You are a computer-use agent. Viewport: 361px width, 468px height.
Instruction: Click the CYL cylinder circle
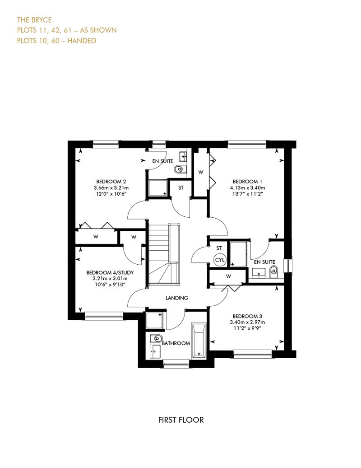pos(220,260)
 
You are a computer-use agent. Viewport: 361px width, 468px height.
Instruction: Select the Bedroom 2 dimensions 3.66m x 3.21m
pos(111,188)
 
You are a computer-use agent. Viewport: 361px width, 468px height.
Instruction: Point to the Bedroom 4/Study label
pos(110,272)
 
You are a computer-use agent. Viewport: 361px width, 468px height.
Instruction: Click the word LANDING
pos(177,298)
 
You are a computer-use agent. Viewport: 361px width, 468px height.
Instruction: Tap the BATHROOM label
pos(176,343)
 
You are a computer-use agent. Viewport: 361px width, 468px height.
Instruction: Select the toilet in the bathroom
pos(156,338)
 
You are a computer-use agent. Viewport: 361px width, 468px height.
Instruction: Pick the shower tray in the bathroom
pos(154,320)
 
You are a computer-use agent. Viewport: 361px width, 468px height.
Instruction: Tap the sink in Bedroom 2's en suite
pos(183,156)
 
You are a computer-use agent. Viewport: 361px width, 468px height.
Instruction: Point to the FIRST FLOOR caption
pos(181,420)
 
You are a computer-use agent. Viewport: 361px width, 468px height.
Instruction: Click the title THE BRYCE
pos(34,20)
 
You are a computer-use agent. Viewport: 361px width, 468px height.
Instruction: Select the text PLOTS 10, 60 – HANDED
pos(56,41)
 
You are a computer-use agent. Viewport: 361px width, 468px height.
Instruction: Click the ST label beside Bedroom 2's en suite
pos(181,188)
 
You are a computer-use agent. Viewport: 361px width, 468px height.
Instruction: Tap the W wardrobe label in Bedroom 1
pos(201,172)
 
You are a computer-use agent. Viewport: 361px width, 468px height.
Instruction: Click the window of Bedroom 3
pos(253,354)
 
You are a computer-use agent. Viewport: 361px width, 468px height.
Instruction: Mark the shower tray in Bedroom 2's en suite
pos(158,188)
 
